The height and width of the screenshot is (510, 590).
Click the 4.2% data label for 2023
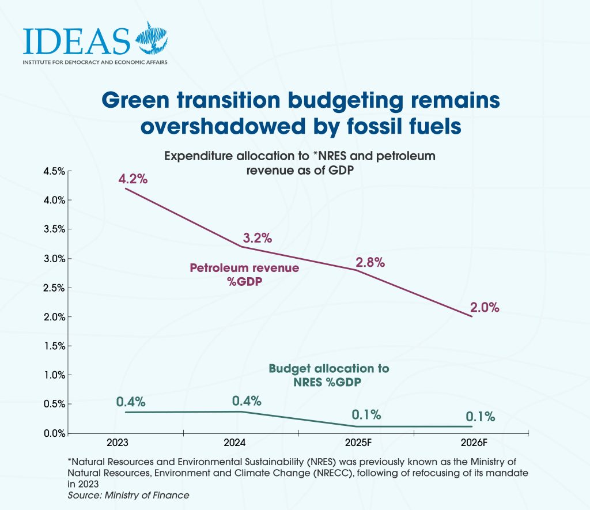pyautogui.click(x=133, y=179)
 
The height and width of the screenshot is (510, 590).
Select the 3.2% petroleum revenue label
pyautogui.click(x=257, y=237)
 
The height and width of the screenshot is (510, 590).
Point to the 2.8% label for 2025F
pyautogui.click(x=370, y=262)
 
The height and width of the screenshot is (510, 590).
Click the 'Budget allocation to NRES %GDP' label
pyautogui.click(x=329, y=375)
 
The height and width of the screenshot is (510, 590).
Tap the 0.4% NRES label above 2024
pyautogui.click(x=247, y=401)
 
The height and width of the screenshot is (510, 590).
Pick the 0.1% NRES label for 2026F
pyautogui.click(x=479, y=417)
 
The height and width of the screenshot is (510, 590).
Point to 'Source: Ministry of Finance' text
pyautogui.click(x=128, y=495)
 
